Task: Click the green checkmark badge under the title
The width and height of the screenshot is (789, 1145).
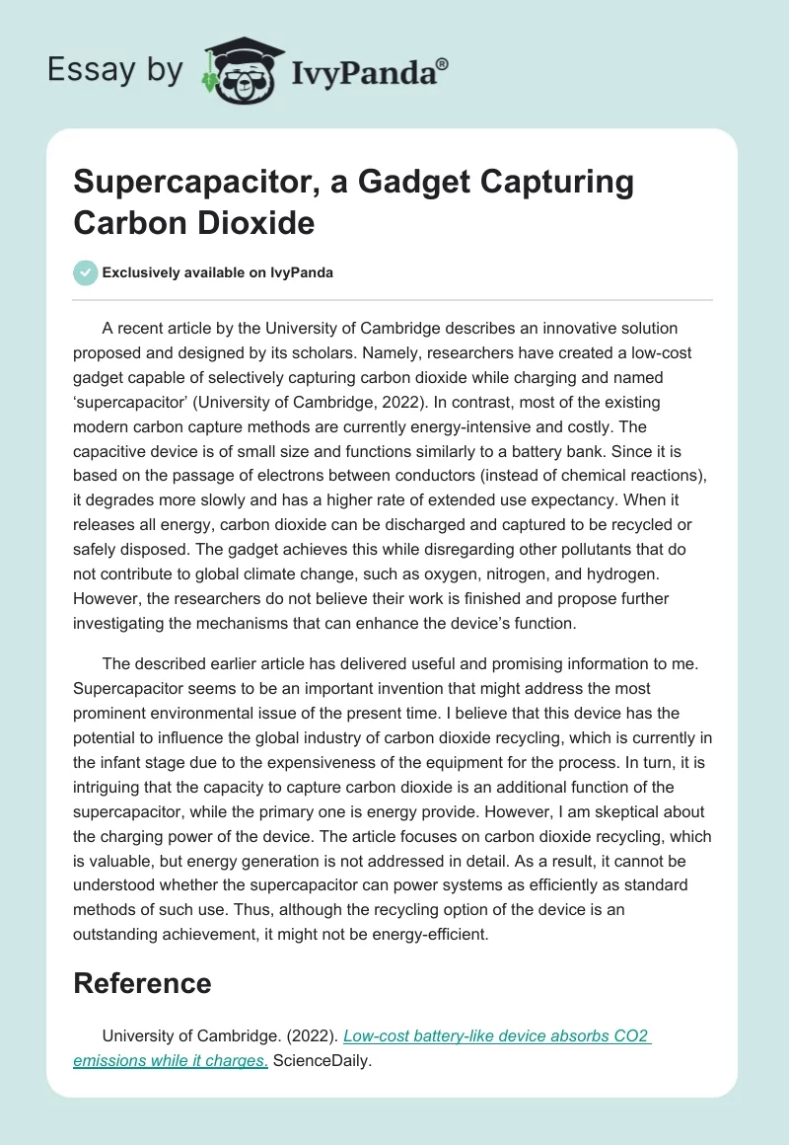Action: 86,272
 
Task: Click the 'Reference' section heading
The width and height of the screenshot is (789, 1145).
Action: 142,982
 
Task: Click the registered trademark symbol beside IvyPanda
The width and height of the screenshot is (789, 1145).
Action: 443,64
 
